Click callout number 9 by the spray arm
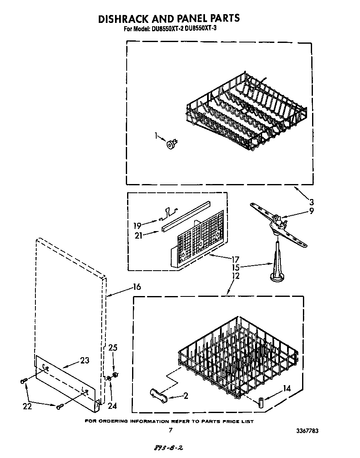pos(311,211)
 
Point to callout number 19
pos(137,226)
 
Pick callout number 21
pos(139,235)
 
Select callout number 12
pos(236,276)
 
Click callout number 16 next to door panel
pos(136,287)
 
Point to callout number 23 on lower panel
pos(85,361)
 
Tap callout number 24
pos(112,406)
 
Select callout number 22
pos(28,406)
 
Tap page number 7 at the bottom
pos(170,431)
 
